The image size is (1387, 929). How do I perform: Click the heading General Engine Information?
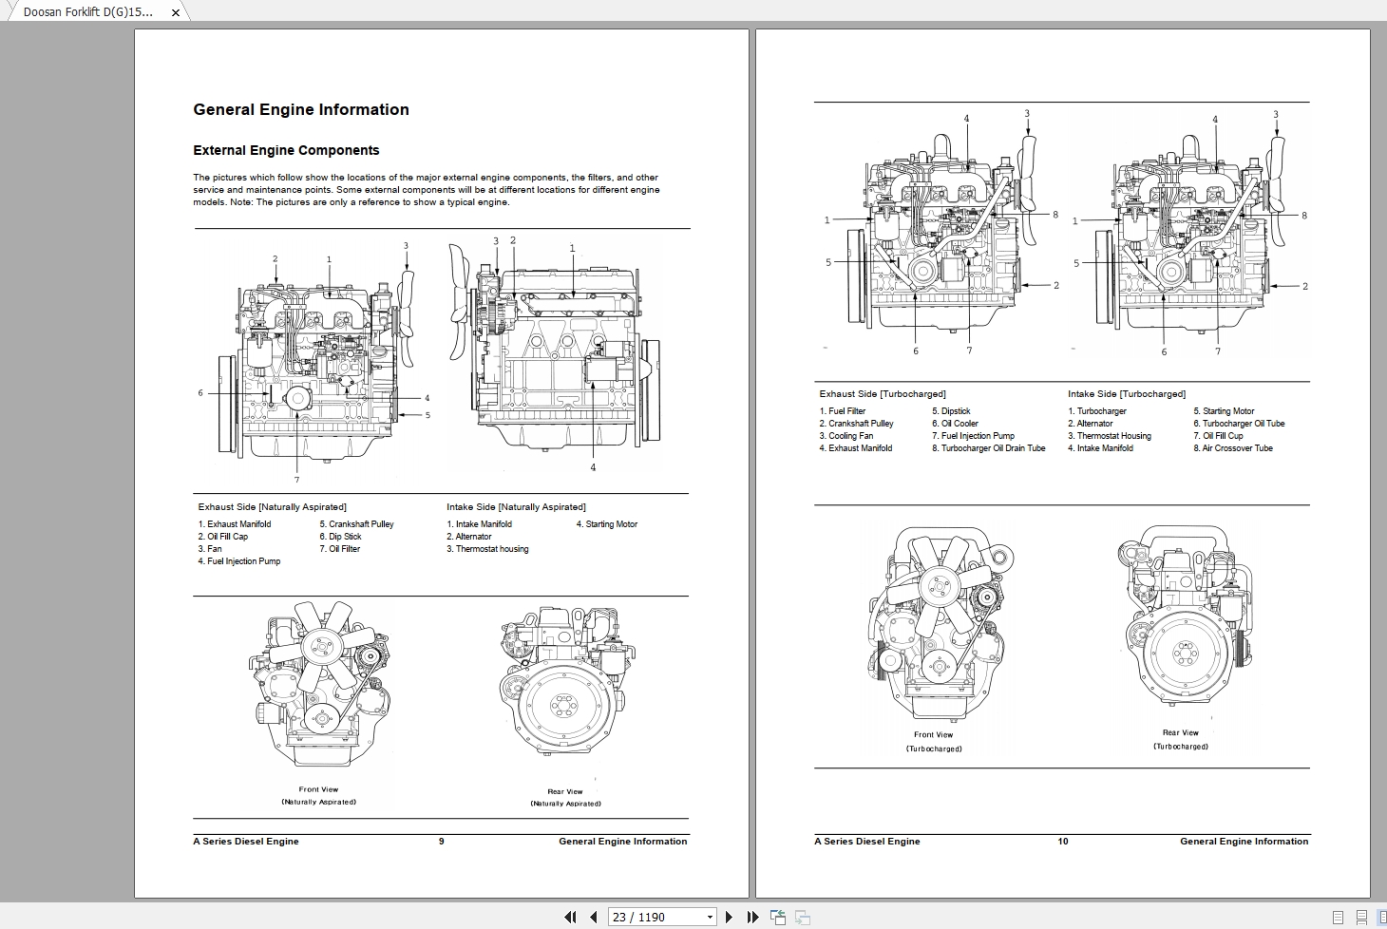[x=301, y=110]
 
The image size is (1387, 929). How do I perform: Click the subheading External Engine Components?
[x=286, y=150]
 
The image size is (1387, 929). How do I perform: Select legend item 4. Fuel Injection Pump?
[x=239, y=561]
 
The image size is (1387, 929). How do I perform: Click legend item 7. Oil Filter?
[x=340, y=549]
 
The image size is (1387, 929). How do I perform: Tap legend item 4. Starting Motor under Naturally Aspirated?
[x=606, y=524]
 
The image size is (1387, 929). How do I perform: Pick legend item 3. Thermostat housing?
[x=487, y=549]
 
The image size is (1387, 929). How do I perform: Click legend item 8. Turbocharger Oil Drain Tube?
[x=988, y=448]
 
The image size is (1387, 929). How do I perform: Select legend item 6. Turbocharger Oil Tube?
[x=1239, y=424]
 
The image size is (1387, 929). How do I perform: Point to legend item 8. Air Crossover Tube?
[x=1233, y=448]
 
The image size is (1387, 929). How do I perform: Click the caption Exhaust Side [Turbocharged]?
[x=883, y=394]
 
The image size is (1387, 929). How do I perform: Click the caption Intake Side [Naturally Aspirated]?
[x=516, y=507]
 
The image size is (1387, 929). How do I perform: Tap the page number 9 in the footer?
[x=441, y=842]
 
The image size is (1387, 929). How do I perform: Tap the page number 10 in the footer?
[x=1063, y=842]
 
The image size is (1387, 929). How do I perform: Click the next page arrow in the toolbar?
[x=729, y=917]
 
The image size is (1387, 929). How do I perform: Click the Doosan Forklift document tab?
[x=87, y=12]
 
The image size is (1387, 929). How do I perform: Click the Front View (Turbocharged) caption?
[x=933, y=741]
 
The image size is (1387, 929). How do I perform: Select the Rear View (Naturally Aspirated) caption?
[x=565, y=797]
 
